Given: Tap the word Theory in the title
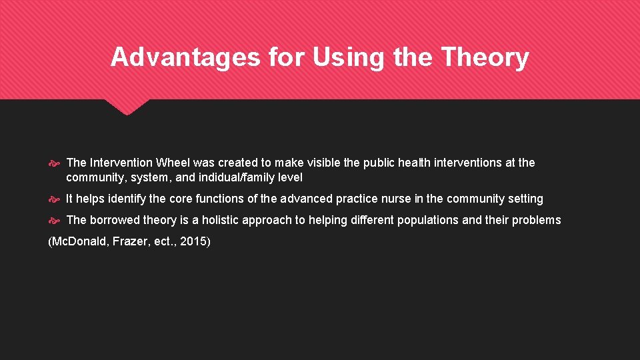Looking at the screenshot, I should (485, 57).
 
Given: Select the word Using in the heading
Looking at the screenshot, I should (349, 57).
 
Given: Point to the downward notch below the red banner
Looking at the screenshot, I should (127, 108).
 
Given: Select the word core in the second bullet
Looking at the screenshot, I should (181, 199).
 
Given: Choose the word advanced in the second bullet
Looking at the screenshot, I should (306, 199).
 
